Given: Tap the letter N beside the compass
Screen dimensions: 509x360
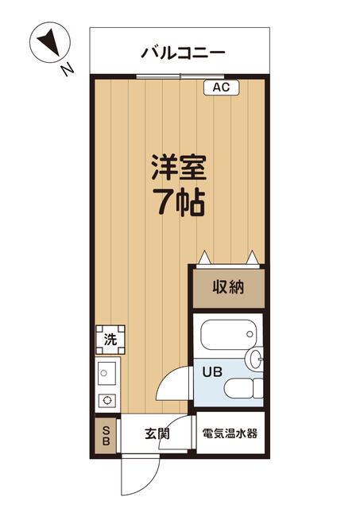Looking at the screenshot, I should point(68,70).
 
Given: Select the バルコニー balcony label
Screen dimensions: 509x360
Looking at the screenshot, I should point(183,53).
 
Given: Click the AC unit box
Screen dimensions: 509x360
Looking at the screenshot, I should point(221,87).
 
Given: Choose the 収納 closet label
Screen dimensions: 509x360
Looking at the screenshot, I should point(227,287).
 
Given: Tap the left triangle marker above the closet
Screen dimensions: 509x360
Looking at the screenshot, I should point(204,258).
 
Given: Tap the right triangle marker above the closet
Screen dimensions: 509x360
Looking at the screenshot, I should point(253,258).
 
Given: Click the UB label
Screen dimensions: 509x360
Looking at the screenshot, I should point(211,371).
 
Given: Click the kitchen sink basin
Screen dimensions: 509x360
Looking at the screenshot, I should point(106,371).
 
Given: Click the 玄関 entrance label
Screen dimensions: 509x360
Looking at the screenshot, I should point(157,434).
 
